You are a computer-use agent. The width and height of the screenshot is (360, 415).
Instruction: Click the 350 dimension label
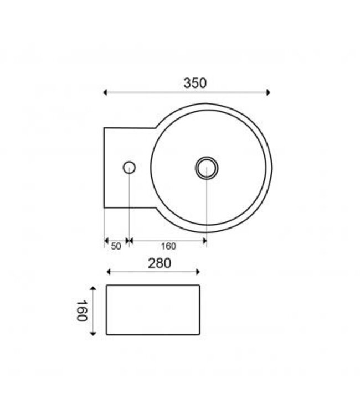pyautogui.click(x=195, y=83)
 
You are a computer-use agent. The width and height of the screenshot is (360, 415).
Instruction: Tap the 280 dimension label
pyautogui.click(x=160, y=263)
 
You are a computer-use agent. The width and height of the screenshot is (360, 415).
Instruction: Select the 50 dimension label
pyautogui.click(x=116, y=247)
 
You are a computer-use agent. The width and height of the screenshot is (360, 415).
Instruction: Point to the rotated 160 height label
pyautogui.click(x=80, y=310)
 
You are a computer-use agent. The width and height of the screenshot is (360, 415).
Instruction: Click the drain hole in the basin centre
pyautogui.click(x=206, y=168)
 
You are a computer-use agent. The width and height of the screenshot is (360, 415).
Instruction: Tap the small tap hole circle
pyautogui.click(x=129, y=167)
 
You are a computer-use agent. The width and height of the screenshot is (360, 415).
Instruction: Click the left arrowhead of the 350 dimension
pyautogui.click(x=106, y=92)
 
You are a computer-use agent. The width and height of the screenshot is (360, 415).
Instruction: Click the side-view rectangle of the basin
pyautogui.click(x=152, y=310)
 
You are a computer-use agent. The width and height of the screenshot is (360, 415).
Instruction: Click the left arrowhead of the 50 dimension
pyautogui.click(x=106, y=241)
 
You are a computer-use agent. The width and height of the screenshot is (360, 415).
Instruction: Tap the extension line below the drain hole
pyautogui.click(x=206, y=210)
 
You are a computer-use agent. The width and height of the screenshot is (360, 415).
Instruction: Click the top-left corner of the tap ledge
pyautogui.click(x=104, y=128)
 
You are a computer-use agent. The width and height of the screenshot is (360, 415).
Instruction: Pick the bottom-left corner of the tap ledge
pyautogui.click(x=104, y=207)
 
